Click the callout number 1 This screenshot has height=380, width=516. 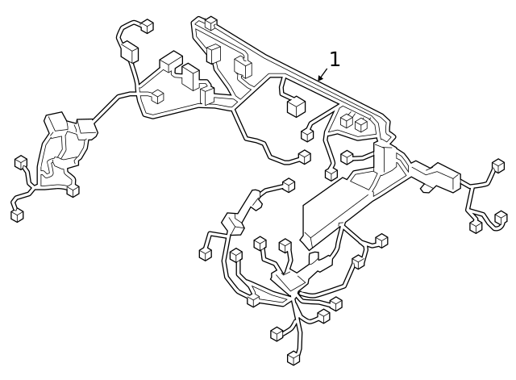coord(335,59)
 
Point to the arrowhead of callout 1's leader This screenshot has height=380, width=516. coord(318,81)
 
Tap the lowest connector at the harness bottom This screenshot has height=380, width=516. coord(293,357)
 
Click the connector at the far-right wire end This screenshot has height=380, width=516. coord(498,165)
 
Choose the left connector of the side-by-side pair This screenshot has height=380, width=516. coord(347,120)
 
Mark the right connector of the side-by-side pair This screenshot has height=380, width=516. coord(361,124)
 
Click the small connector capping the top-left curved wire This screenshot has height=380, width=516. coord(147,27)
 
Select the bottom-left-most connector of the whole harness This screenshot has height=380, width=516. coord(17,215)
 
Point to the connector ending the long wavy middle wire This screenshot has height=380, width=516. coord(305,157)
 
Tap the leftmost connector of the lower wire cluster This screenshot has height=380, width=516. coord(206,253)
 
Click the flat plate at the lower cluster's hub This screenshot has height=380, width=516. coord(288,281)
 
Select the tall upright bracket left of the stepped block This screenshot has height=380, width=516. coord(384,158)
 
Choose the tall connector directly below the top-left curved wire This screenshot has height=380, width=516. coord(130,53)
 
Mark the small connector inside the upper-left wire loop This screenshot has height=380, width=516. coord(158,97)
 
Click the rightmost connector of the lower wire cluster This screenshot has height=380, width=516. coord(381,240)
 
